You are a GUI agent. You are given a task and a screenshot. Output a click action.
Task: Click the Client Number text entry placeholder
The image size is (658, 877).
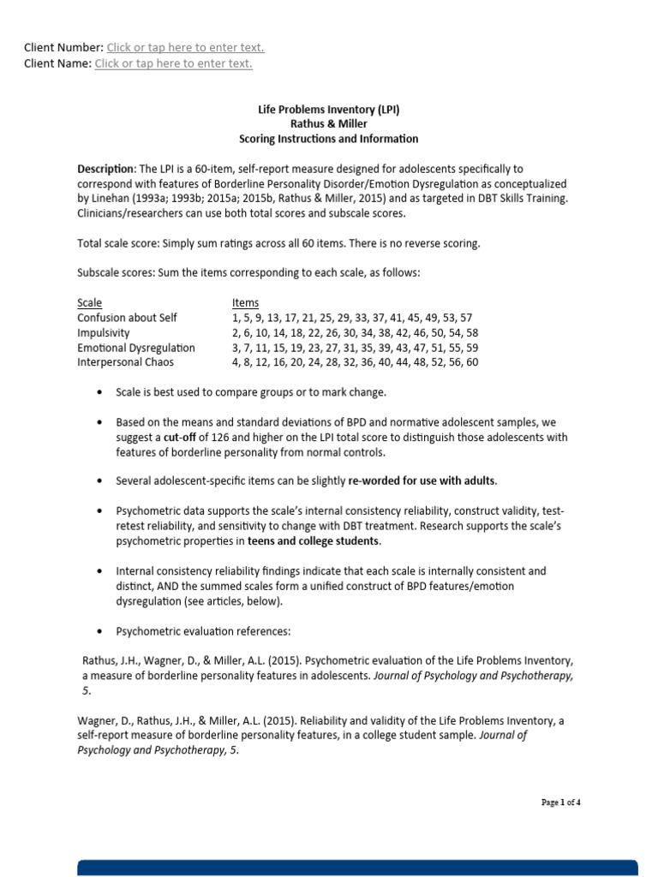(185, 48)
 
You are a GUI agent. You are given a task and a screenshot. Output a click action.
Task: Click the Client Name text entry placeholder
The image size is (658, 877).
(173, 63)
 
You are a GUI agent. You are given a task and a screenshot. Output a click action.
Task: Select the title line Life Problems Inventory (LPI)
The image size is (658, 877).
(329, 110)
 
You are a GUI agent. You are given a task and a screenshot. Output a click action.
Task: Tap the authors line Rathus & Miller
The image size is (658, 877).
(329, 124)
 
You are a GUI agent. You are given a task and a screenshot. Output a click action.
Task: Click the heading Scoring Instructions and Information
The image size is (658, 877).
(329, 139)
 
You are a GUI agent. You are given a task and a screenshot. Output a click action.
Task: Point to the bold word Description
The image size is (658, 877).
(106, 169)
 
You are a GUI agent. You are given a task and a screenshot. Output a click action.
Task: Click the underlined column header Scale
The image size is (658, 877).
(89, 303)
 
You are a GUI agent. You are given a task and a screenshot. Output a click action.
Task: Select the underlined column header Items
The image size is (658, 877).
(245, 303)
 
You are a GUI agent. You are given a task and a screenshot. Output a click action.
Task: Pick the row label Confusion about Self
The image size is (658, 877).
(127, 318)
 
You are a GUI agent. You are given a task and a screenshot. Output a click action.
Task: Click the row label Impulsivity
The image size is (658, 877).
(104, 332)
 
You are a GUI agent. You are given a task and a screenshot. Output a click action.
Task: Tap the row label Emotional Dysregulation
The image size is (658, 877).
(136, 348)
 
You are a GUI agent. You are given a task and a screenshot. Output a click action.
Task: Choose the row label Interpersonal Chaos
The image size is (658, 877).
(125, 362)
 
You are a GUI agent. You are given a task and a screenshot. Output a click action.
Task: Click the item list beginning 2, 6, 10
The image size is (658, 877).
(355, 332)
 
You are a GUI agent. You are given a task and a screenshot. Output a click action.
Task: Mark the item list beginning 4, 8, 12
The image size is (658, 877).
(355, 362)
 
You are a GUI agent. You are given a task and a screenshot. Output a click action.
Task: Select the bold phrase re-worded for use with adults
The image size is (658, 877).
(422, 480)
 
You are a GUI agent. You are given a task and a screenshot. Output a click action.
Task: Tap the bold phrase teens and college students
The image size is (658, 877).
(313, 541)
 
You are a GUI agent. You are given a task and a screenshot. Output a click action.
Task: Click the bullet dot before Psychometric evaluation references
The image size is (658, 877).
(100, 632)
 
